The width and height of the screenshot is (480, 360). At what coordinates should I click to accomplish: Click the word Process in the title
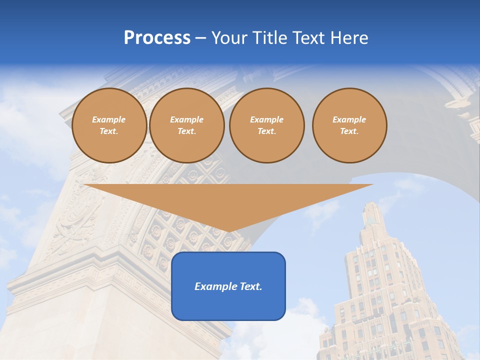pyautogui.click(x=157, y=38)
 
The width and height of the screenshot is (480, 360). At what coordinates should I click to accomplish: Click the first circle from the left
pyautogui.click(x=109, y=125)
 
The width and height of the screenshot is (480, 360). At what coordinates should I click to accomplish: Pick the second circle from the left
pyautogui.click(x=186, y=125)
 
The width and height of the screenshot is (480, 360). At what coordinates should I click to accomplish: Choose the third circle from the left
pyautogui.click(x=266, y=125)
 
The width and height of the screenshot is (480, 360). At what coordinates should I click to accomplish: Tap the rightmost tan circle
pyautogui.click(x=349, y=125)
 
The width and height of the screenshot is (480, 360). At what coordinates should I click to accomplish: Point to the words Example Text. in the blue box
pyautogui.click(x=228, y=286)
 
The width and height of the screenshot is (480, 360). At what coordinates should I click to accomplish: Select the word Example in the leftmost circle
pyautogui.click(x=109, y=119)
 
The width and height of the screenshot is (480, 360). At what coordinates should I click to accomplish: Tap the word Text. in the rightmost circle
pyautogui.click(x=349, y=131)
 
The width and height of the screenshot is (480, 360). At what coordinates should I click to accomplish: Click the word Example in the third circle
pyautogui.click(x=266, y=119)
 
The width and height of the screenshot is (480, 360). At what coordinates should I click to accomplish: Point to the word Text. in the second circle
pyautogui.click(x=186, y=131)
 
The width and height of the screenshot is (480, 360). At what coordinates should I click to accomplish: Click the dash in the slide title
pyautogui.click(x=200, y=38)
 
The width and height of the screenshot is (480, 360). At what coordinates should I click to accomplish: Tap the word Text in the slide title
pyautogui.click(x=305, y=38)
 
